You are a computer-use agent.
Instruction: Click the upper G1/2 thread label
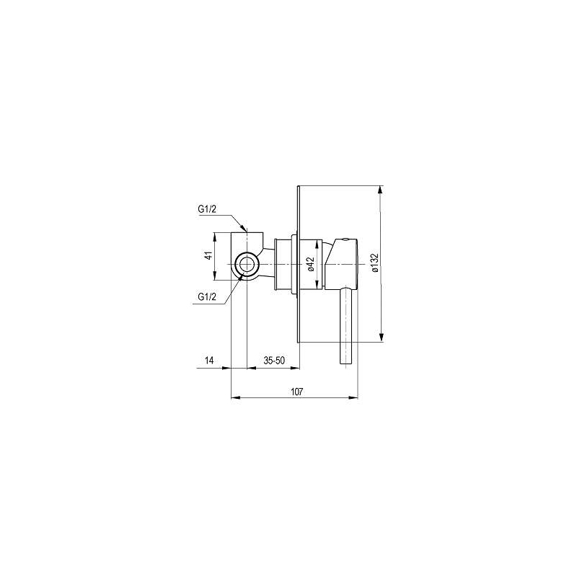[x=207, y=209]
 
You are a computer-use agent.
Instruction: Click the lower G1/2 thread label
[x=207, y=296]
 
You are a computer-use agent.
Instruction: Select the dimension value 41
[x=208, y=256]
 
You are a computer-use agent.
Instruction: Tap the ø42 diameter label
[x=311, y=264]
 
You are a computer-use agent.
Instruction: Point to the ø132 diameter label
[x=374, y=263]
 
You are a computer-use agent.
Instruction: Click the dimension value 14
[x=209, y=360]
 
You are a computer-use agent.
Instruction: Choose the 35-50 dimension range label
[x=274, y=360]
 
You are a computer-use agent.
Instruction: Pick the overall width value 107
[x=297, y=392]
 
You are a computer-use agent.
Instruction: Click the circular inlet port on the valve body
[x=247, y=264]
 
